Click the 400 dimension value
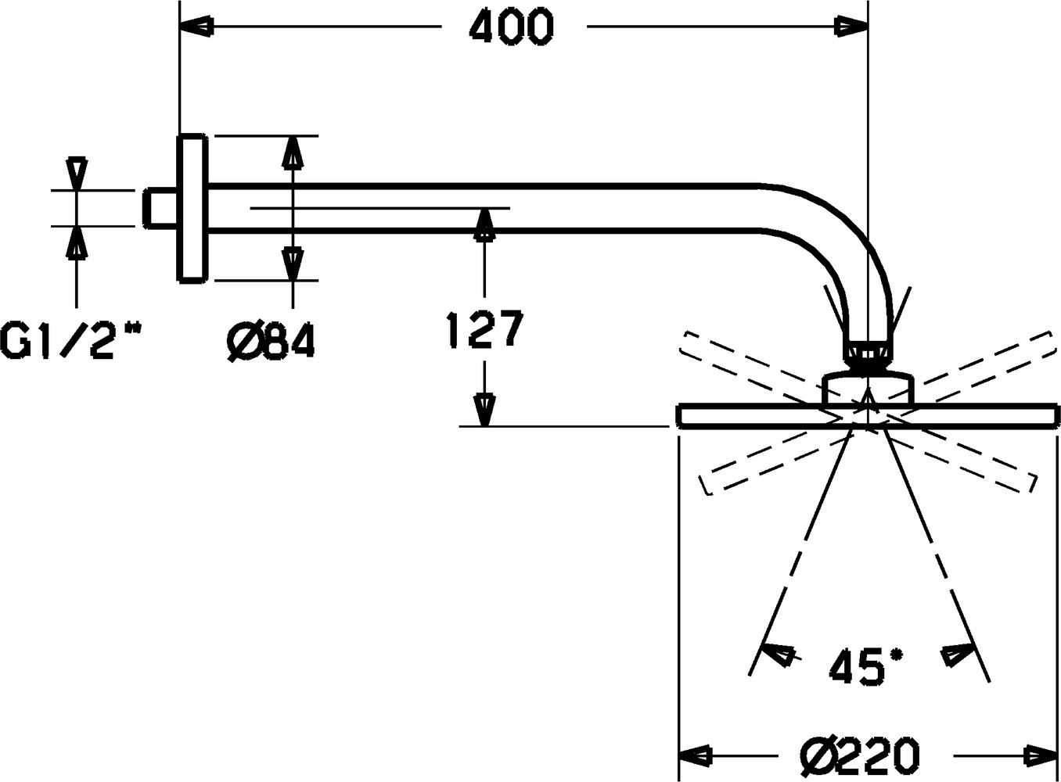pyautogui.click(x=512, y=27)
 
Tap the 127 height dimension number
pyautogui.click(x=485, y=329)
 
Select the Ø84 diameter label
pyautogui.click(x=271, y=342)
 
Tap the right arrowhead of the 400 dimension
pyautogui.click(x=851, y=27)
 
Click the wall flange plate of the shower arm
pyautogui.click(x=192, y=208)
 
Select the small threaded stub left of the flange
pyautogui.click(x=160, y=208)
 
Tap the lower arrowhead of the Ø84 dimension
pyautogui.click(x=293, y=264)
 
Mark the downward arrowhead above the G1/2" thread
pyautogui.click(x=77, y=174)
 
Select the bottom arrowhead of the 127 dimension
pyautogui.click(x=484, y=410)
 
